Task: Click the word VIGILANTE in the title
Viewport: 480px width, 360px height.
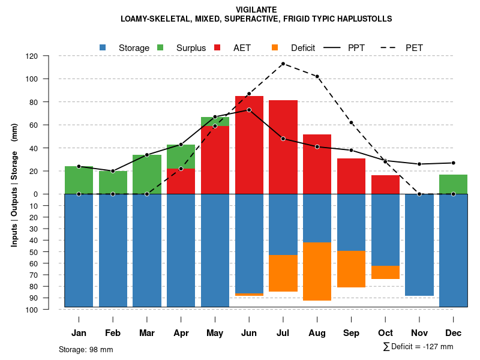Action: (x=256, y=10)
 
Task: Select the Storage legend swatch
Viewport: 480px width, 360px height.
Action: (x=103, y=47)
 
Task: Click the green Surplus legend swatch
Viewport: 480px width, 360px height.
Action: (x=161, y=47)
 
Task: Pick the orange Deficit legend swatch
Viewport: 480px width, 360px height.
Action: (x=275, y=47)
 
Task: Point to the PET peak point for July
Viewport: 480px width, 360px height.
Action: (x=283, y=64)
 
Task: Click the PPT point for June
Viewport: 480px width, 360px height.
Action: (x=249, y=110)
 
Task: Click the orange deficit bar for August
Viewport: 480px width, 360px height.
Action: (x=317, y=271)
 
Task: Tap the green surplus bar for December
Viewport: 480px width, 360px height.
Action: (x=453, y=184)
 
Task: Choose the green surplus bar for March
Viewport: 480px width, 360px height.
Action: (x=147, y=174)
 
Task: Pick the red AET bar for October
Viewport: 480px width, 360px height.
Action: (x=385, y=185)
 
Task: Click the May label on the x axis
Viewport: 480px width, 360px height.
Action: (x=215, y=333)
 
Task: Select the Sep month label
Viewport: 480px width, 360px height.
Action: (x=352, y=333)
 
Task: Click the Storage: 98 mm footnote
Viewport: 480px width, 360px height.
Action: (x=86, y=349)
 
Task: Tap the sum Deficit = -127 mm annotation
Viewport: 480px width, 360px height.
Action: (x=418, y=347)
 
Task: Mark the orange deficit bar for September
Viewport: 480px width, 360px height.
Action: (x=351, y=269)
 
